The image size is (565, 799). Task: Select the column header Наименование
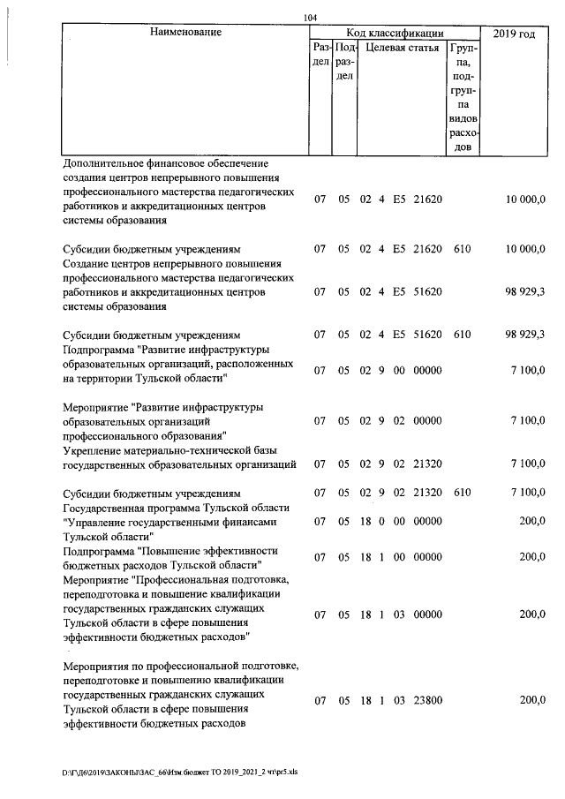[x=185, y=33]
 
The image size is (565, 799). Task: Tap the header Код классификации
[x=395, y=33]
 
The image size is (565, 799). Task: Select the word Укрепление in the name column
[x=94, y=449]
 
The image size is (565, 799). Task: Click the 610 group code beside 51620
[x=462, y=335]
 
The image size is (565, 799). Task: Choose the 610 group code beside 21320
[x=462, y=492]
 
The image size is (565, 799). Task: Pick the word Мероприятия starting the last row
[x=98, y=664]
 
